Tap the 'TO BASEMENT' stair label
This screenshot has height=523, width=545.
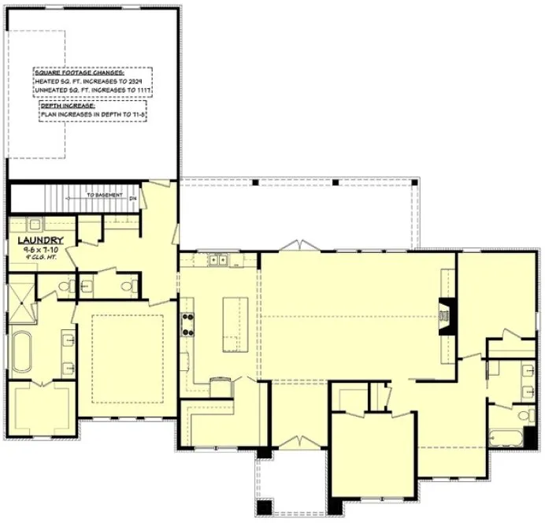tap(103, 193)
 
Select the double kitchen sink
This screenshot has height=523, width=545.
tap(217, 258)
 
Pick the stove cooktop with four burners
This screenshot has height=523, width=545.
tap(189, 323)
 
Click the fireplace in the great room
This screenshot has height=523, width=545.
tap(447, 317)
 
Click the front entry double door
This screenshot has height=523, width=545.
tap(295, 443)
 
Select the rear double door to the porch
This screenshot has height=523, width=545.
tap(297, 246)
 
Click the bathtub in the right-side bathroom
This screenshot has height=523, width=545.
tap(504, 436)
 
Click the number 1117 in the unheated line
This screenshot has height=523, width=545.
tap(142, 91)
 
